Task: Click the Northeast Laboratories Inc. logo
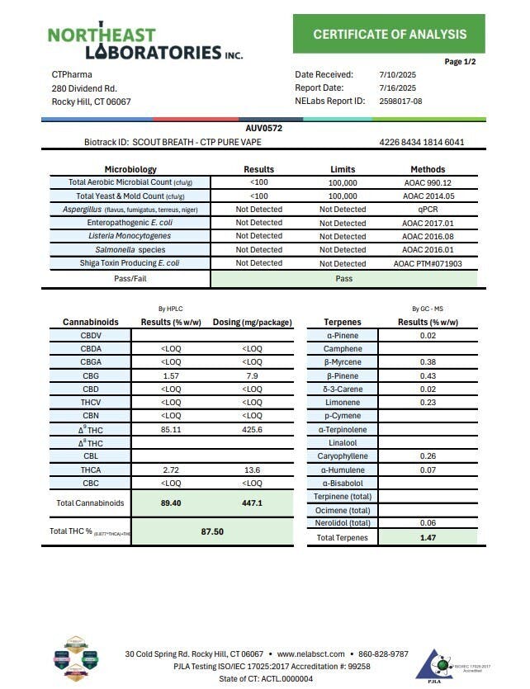coord(145,43)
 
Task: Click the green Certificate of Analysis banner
coord(390,34)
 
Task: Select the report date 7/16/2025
coord(398,87)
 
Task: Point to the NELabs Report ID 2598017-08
coord(400,101)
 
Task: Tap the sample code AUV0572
coord(264,129)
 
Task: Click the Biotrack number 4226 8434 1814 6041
coord(422,142)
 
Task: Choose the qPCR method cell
coord(428,210)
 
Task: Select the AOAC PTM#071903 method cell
coord(428,263)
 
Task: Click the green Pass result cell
coord(344,279)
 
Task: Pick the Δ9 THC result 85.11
coord(167,429)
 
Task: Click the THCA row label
coord(91,469)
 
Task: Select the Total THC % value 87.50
coord(213,532)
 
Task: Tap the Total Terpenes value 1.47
coord(428,537)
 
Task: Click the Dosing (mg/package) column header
coord(251,322)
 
